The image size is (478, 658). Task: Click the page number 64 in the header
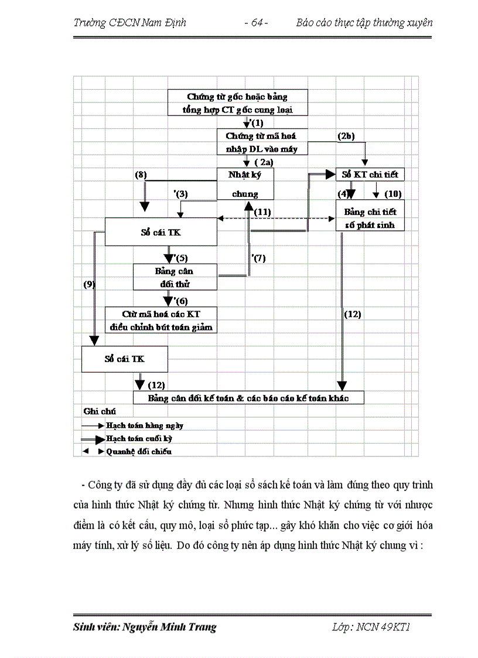tap(256, 23)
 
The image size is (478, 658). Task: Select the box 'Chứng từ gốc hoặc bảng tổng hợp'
tap(237, 103)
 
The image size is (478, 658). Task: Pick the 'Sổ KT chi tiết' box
tap(370, 175)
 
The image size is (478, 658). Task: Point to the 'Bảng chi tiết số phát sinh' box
tap(370, 216)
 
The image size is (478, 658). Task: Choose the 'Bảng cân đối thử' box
tap(175, 277)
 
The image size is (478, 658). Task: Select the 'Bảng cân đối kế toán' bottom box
tap(248, 398)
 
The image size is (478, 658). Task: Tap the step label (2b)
tap(346, 136)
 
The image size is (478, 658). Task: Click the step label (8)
tap(140, 174)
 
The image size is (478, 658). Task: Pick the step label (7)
tap(258, 258)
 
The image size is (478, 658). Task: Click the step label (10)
tap(392, 193)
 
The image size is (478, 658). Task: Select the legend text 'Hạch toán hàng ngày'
tap(144, 426)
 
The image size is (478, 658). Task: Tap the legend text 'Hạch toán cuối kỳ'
tap(139, 438)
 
